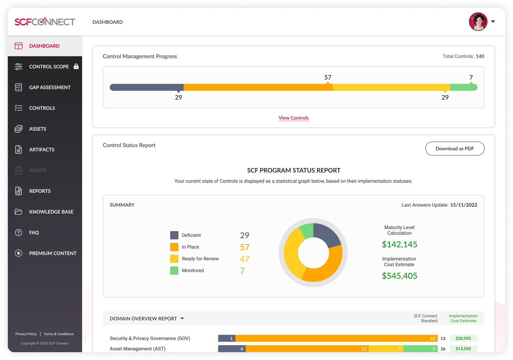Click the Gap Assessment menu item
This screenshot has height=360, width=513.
pyautogui.click(x=50, y=87)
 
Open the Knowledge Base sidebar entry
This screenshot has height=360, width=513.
pyautogui.click(x=51, y=212)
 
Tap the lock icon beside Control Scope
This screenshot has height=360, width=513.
pyautogui.click(x=76, y=67)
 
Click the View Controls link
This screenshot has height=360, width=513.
pyautogui.click(x=294, y=118)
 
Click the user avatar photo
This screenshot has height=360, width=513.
pyautogui.click(x=478, y=22)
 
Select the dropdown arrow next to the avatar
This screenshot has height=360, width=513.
pyautogui.click(x=493, y=22)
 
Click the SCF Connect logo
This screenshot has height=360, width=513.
pyautogui.click(x=45, y=22)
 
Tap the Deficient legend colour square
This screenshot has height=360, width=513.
pyautogui.click(x=174, y=235)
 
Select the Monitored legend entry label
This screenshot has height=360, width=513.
pyautogui.click(x=193, y=270)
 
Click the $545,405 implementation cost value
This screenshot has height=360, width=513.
pyautogui.click(x=399, y=276)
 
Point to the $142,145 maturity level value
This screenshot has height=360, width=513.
pyautogui.click(x=399, y=245)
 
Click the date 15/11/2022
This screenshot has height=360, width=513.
pyautogui.click(x=463, y=205)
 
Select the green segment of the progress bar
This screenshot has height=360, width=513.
pyautogui.click(x=463, y=87)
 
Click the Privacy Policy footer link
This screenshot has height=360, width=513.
pyautogui.click(x=26, y=334)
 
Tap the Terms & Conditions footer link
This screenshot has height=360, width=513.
pyautogui.click(x=59, y=334)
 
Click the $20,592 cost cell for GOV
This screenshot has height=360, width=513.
pyautogui.click(x=463, y=338)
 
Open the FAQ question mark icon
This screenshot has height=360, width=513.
pyautogui.click(x=18, y=232)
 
